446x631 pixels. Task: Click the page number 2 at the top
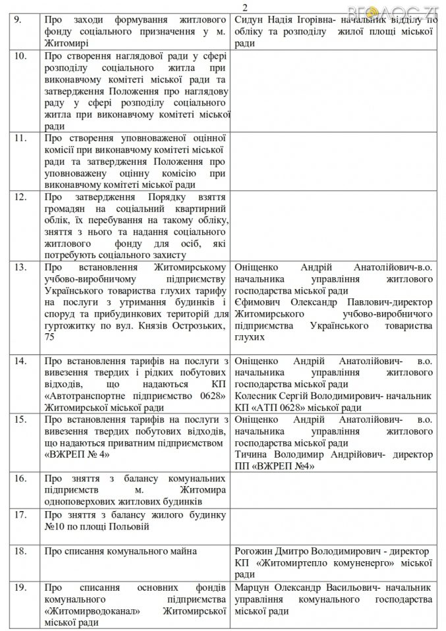pos(226,7)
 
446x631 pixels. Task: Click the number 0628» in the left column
pos(210,397)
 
